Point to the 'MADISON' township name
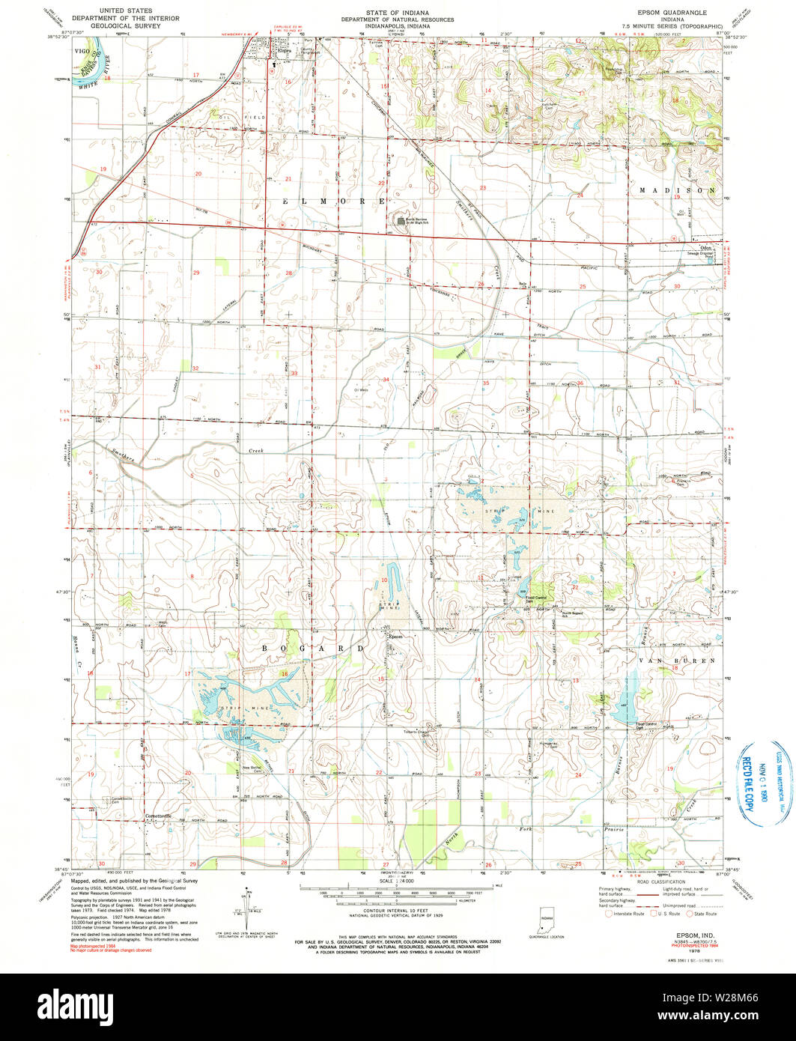678,191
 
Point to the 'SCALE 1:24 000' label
397,881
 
